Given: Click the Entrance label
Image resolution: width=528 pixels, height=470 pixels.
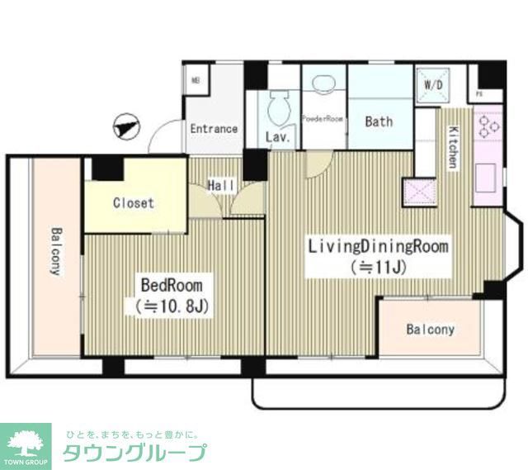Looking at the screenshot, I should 214,129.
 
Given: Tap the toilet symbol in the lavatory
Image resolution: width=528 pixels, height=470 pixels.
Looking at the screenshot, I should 279,106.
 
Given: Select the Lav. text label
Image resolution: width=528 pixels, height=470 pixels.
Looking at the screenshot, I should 278,137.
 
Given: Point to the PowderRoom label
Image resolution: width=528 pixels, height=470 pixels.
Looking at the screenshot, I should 322,119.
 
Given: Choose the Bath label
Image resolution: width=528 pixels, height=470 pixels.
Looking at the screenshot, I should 379,121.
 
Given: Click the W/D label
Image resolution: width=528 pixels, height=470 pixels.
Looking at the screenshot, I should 432,85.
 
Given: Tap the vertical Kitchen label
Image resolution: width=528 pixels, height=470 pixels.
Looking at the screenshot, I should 453,147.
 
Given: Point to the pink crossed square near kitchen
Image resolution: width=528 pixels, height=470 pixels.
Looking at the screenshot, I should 417,192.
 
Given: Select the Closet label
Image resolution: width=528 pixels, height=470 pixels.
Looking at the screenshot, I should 134,202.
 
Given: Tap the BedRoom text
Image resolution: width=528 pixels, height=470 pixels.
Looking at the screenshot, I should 172,285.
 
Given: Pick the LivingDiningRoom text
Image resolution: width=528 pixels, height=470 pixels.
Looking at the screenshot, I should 378,246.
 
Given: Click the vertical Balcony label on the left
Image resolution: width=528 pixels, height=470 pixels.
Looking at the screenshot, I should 56,251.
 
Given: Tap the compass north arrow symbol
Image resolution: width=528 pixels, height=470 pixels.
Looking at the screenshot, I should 126,127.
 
